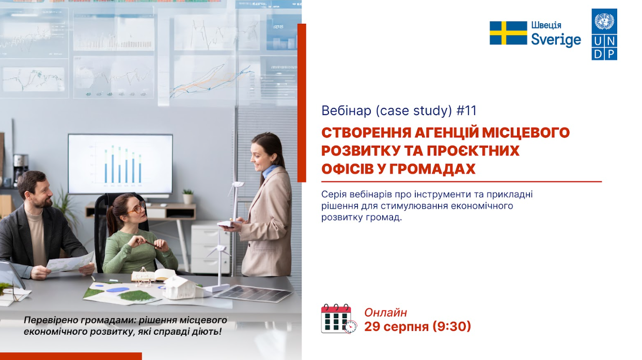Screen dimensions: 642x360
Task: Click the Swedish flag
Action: (508, 33)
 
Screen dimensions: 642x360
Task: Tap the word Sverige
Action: (556, 40)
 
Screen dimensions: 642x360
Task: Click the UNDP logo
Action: (604, 35)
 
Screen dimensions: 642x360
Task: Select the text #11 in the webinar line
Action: (466, 111)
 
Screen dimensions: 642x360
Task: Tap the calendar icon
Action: (339, 319)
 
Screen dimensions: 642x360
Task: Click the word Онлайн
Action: (385, 312)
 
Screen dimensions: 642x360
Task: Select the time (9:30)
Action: (451, 326)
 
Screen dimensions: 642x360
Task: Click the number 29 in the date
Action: (372, 326)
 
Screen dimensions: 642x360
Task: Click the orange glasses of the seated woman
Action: (137, 208)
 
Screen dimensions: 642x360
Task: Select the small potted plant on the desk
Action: (188, 196)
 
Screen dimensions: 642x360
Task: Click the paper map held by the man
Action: (71, 262)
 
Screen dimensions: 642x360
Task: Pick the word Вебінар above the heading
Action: (346, 111)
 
